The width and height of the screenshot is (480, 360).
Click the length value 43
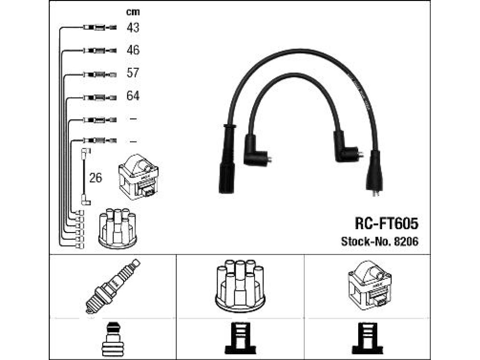133,28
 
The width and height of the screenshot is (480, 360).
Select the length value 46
133,50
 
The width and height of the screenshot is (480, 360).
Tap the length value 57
133,73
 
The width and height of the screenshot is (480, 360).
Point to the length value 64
133,96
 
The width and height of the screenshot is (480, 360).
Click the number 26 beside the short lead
96,178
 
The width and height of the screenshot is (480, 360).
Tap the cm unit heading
133,12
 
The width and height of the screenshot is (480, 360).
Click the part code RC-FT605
386,224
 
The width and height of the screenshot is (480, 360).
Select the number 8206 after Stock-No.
406,241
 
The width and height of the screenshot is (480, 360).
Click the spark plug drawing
112,286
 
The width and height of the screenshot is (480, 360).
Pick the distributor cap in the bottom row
240,286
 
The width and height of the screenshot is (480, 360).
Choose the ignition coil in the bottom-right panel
370,285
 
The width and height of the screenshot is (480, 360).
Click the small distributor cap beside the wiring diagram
118,228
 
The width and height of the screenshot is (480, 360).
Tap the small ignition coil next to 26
138,177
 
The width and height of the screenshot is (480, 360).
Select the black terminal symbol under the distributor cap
240,339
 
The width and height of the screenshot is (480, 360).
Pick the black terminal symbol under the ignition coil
367,339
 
